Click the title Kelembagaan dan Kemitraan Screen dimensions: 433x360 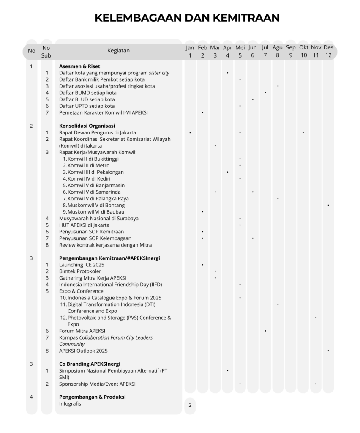click(187, 17)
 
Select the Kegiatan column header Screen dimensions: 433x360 click(118, 51)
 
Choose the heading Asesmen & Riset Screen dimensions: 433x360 click(79, 66)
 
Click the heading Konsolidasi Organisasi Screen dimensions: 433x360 click(87, 126)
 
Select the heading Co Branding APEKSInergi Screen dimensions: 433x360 click(90, 364)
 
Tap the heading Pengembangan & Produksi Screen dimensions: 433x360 click(92, 397)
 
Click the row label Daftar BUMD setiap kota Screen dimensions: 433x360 click(87, 93)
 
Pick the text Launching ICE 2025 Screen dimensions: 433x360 click(81, 265)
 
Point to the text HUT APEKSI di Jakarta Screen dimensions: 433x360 click(84, 225)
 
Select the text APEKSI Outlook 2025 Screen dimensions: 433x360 click(83, 351)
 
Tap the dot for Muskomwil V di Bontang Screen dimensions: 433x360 click(328, 205)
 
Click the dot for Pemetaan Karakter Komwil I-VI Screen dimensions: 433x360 click(202, 112)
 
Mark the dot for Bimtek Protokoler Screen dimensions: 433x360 click(215, 271)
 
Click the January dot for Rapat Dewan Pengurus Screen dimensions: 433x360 click(190, 132)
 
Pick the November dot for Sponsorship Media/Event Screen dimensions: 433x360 click(316, 384)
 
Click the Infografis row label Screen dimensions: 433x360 click(70, 403)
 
